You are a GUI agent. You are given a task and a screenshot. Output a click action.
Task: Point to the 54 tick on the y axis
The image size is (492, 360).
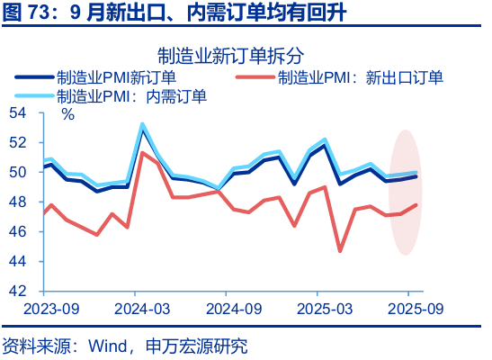tap(19, 113)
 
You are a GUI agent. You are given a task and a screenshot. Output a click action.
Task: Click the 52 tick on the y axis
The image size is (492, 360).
tap(19, 143)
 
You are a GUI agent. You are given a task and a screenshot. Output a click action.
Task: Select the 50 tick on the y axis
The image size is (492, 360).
tap(19, 173)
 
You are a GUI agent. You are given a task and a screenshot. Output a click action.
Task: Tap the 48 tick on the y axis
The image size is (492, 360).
tap(19, 202)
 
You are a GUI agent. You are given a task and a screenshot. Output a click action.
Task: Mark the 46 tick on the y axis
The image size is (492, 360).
tap(19, 232)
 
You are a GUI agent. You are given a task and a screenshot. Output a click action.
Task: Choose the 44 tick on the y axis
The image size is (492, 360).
tap(19, 262)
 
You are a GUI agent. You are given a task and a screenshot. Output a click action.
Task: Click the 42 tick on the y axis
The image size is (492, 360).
tap(19, 292)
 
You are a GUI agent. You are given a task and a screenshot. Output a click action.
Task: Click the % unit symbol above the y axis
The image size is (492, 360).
tap(67, 114)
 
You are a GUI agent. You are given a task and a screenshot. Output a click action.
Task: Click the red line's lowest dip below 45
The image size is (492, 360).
tap(340, 250)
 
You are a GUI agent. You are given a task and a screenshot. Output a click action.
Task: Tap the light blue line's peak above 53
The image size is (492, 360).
tap(142, 124)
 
